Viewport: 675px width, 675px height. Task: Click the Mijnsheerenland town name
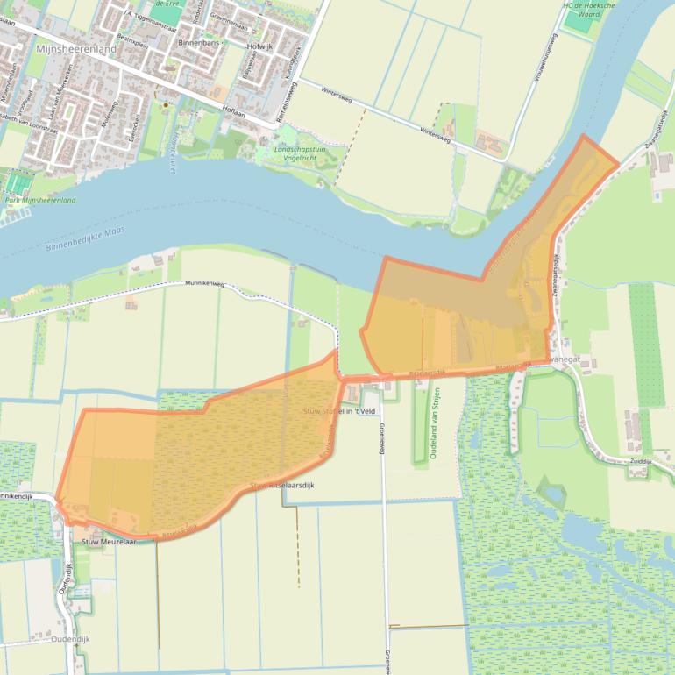click(76, 50)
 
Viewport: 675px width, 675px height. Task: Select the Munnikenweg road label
click(204, 284)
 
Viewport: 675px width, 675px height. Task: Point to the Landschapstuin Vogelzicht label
click(301, 154)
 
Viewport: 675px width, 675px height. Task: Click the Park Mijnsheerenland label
click(40, 201)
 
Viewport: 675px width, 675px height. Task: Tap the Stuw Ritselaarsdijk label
click(281, 485)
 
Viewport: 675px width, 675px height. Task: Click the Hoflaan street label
click(234, 110)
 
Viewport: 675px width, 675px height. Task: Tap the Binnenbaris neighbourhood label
click(198, 42)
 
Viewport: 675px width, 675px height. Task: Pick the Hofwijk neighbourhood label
click(260, 46)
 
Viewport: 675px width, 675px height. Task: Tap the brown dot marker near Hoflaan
click(166, 105)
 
